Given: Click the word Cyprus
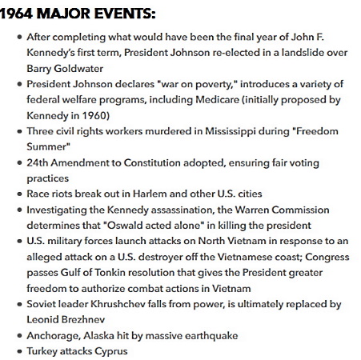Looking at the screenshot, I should tap(109, 350).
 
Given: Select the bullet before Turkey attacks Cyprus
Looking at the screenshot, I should tap(19, 351).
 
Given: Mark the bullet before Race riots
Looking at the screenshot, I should tap(19, 194).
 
